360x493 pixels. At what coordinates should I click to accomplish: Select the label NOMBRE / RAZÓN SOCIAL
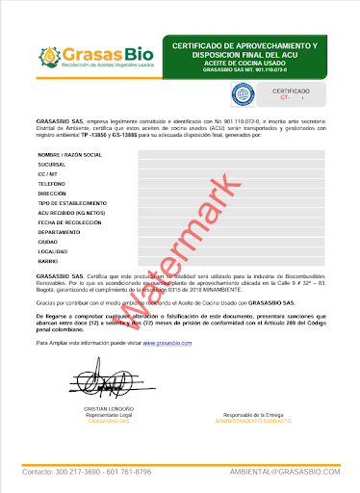69,155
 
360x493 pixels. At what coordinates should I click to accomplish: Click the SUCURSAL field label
53,165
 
